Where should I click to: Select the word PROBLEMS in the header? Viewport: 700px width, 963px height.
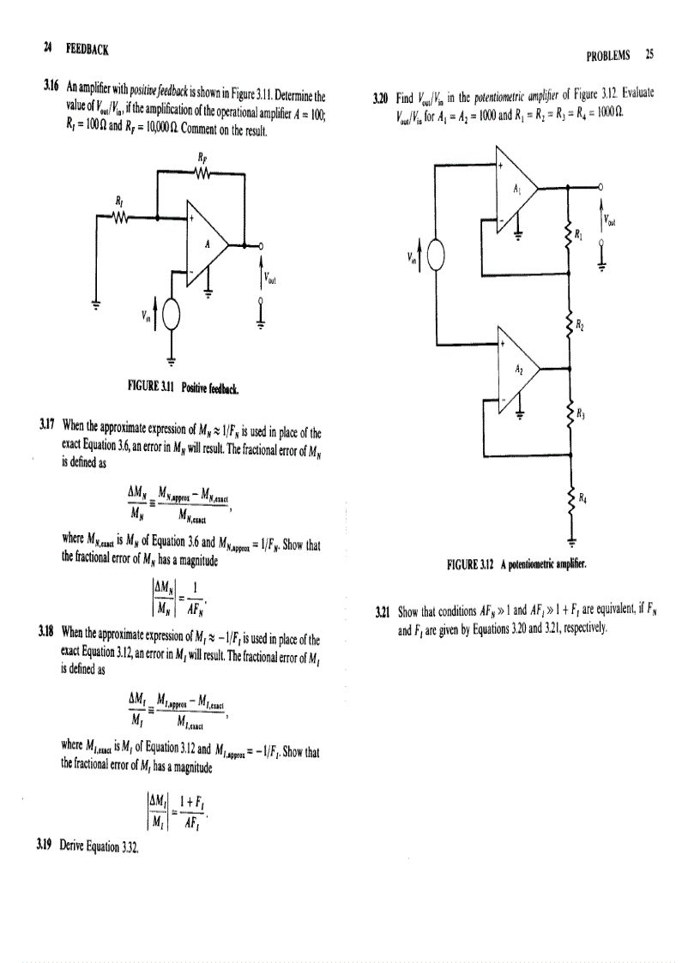pyautogui.click(x=608, y=55)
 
